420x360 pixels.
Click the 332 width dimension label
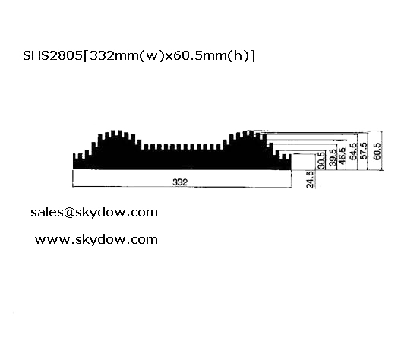[x=180, y=182]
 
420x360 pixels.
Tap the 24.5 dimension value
[x=310, y=180]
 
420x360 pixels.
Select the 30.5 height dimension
[x=321, y=160]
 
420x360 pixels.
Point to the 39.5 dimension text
[x=332, y=157]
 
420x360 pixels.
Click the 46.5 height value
[x=342, y=156]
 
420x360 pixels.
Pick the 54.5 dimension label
[x=354, y=152]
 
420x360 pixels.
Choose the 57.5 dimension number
[x=364, y=151]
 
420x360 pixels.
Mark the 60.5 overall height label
[x=377, y=151]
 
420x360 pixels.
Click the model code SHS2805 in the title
[x=52, y=56]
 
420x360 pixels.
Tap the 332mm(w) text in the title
[x=125, y=56]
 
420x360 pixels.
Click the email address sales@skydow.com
[x=94, y=213]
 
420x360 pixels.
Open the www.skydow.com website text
[x=96, y=240]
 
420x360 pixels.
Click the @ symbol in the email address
[x=68, y=213]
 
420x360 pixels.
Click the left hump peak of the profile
[x=116, y=132]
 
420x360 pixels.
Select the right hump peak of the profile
[x=248, y=132]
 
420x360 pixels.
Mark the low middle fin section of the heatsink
[x=183, y=148]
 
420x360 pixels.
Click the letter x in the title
[x=167, y=57]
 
